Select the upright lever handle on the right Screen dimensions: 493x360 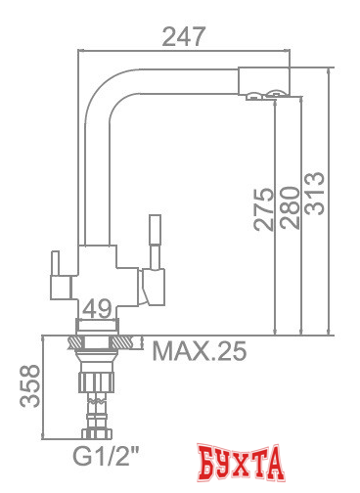tap(154, 240)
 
